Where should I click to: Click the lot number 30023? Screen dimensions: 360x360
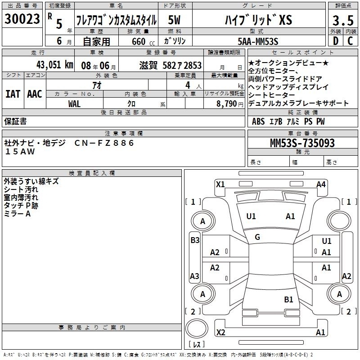click(22, 19)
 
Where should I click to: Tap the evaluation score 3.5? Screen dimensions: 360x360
click(343, 20)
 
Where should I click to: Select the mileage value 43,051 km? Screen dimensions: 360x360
click(55, 65)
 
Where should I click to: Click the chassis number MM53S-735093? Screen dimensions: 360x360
click(302, 143)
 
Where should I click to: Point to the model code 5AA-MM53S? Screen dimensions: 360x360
click(258, 41)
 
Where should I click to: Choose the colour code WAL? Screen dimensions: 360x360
click(74, 104)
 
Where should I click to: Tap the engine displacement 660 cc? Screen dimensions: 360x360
click(143, 42)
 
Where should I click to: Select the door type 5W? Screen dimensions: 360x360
click(174, 20)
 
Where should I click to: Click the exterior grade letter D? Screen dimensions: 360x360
click(336, 41)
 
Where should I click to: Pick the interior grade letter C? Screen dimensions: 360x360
click(350, 41)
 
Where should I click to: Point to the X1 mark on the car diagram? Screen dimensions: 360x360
click(220, 184)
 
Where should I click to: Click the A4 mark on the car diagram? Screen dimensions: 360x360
click(321, 184)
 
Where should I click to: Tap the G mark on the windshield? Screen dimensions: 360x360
click(257, 237)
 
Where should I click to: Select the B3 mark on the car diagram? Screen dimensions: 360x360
click(195, 240)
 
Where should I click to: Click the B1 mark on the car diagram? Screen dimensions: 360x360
click(288, 300)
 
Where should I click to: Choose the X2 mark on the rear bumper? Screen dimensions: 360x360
click(220, 333)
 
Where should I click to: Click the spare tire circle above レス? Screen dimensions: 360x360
click(197, 328)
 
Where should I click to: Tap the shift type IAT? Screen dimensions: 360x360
click(13, 94)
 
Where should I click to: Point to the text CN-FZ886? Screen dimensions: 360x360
click(104, 143)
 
